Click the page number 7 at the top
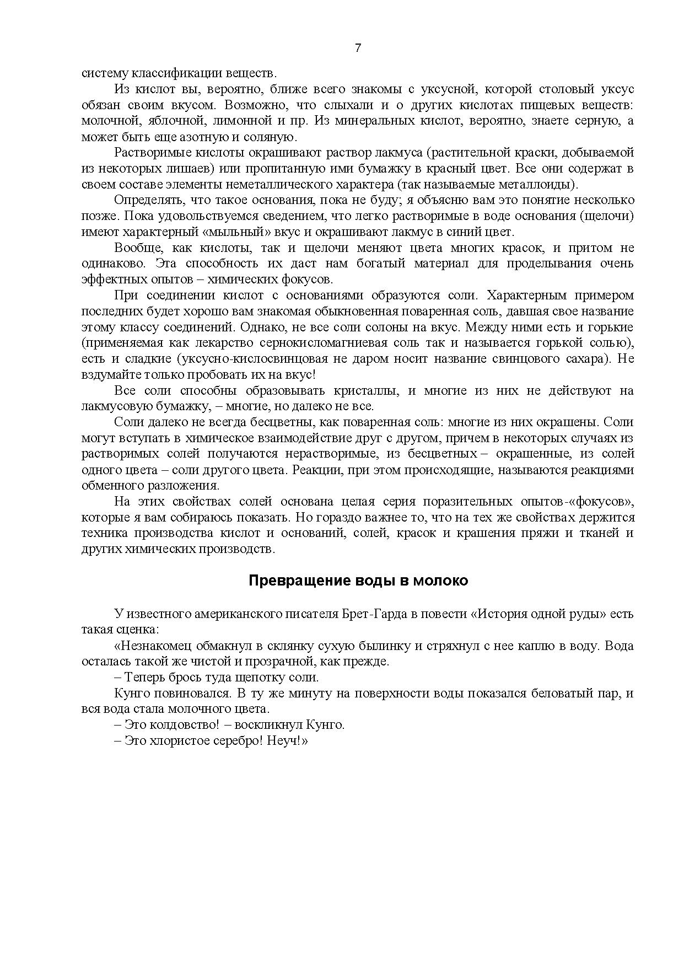click(x=358, y=48)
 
